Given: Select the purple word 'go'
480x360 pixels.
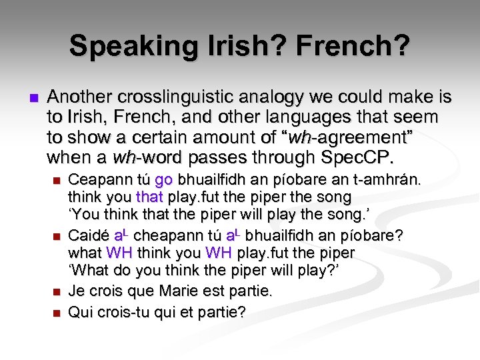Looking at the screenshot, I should [163, 180].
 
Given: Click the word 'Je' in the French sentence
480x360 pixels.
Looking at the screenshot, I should [77, 292].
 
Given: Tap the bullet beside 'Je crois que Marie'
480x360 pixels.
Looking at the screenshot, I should [56, 293].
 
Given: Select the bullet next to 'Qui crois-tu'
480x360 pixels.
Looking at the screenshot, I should [56, 312].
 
